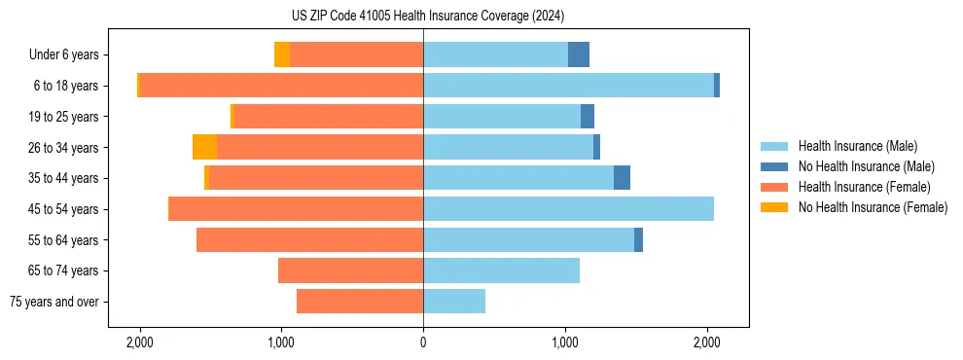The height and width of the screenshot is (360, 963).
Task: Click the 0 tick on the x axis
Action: coord(423,343)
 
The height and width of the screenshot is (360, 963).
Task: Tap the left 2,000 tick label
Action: coord(140,343)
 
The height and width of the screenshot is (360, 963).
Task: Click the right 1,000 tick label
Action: coord(565,343)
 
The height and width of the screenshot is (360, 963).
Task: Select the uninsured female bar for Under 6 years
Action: coord(282,54)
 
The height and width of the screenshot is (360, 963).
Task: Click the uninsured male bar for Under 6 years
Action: coord(579,54)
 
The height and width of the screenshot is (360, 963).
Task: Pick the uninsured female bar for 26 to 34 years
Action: coord(204,147)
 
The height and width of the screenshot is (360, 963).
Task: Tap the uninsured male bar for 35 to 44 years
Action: coord(622,178)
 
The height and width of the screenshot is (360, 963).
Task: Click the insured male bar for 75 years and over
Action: coord(454,302)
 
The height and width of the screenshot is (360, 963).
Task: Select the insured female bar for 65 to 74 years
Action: coord(350,270)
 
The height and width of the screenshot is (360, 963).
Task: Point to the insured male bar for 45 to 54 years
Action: coord(568,209)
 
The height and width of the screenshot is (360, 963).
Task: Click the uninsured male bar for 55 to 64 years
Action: coord(638,239)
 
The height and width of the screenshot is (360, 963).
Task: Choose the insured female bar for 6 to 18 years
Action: coord(281,86)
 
